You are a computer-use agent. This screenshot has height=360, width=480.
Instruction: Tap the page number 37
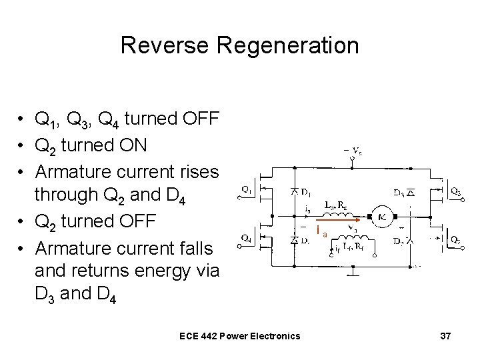446,335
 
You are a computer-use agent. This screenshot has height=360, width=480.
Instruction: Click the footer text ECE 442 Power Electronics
240,335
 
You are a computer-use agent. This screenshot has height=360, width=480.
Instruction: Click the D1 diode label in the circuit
306,193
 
